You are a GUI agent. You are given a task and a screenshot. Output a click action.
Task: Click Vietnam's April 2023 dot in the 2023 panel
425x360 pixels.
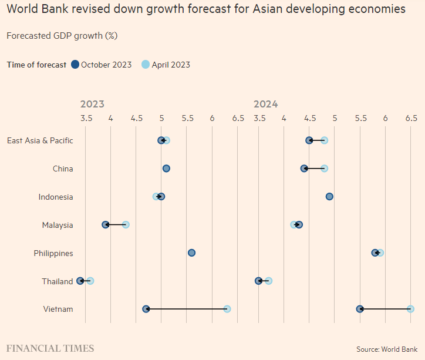[227, 309]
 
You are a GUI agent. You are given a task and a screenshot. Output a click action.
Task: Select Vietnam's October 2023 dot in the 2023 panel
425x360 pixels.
[146, 309]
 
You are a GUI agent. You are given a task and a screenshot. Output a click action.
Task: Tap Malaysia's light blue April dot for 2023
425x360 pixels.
[126, 224]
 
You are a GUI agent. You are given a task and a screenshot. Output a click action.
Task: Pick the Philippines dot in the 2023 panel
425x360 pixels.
[191, 253]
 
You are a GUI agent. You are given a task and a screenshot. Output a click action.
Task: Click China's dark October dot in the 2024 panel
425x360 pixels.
[304, 169]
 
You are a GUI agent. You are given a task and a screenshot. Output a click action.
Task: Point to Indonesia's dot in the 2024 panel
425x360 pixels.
[329, 196]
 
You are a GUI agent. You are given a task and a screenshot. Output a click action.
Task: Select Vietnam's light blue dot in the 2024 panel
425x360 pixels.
[410, 309]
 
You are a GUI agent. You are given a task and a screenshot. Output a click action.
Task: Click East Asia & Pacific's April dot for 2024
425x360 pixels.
[324, 140]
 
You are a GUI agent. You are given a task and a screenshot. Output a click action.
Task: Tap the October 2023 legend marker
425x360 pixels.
[75, 65]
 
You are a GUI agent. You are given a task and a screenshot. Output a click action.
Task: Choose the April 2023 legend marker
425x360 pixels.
[146, 65]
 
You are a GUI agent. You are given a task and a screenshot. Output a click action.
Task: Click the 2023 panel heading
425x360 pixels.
[92, 104]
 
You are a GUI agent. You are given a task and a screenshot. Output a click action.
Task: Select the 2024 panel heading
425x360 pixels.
[265, 104]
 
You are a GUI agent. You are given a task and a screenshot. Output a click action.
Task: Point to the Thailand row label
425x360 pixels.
[58, 281]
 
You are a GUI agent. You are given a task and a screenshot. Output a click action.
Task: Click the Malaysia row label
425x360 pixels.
[58, 225]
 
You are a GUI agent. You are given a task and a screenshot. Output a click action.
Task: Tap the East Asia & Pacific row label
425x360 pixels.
[40, 140]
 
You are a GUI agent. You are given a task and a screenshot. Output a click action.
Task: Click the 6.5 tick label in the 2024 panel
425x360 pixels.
[410, 118]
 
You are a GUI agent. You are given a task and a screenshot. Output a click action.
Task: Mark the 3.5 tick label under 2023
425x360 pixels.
[86, 118]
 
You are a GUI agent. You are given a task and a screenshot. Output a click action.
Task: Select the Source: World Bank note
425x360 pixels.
[387, 349]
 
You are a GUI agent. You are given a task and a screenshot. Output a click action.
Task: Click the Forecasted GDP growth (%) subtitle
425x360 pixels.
[62, 36]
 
